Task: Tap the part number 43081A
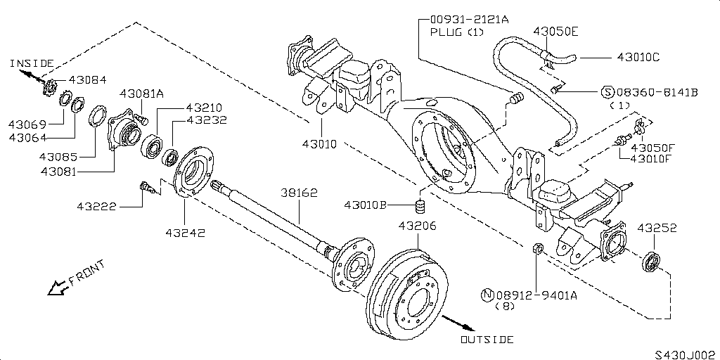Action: (x=141, y=94)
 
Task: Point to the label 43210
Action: (x=204, y=108)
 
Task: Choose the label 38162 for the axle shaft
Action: (x=300, y=191)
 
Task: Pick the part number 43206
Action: (x=417, y=226)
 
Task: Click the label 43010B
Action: (x=366, y=205)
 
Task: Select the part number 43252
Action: (x=657, y=228)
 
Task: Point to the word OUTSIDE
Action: (x=487, y=340)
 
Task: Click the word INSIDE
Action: (x=32, y=63)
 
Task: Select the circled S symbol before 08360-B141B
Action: (x=606, y=92)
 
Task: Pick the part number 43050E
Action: (x=555, y=32)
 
